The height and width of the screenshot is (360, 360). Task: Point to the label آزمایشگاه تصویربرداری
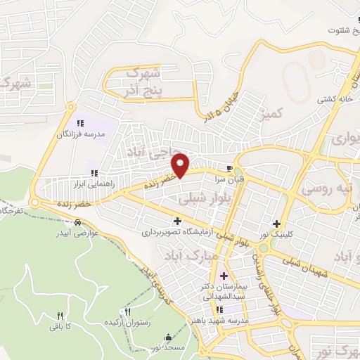(176, 231)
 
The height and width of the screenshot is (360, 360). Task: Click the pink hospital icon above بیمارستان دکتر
(224, 275)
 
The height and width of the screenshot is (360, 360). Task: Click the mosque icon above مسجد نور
(167, 336)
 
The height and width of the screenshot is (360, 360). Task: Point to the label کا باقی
(60, 326)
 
